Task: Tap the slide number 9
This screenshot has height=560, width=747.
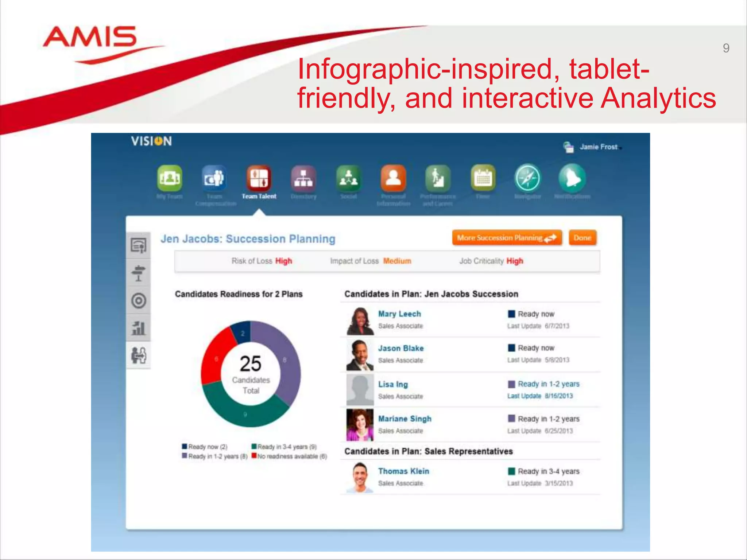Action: click(x=726, y=48)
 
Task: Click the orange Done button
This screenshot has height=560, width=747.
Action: click(x=582, y=238)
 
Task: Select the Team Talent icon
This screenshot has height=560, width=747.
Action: click(x=259, y=178)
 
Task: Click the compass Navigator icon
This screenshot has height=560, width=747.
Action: click(x=527, y=178)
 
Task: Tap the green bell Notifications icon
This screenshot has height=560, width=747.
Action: click(x=572, y=178)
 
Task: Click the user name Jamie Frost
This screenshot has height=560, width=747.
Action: click(x=599, y=147)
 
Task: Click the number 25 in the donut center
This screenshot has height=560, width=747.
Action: click(x=251, y=363)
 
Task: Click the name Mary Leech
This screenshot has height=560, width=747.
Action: click(x=399, y=314)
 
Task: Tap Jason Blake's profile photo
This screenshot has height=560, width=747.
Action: click(x=360, y=355)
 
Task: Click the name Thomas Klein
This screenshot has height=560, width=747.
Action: click(x=403, y=471)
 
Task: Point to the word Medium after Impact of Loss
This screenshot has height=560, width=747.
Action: click(x=397, y=261)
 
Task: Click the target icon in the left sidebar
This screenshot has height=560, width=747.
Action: click(x=139, y=301)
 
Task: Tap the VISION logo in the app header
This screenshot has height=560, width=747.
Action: click(x=151, y=141)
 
